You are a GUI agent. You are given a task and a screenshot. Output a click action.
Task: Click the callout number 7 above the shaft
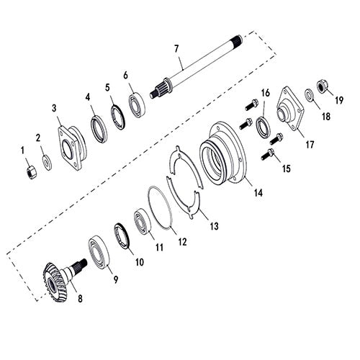(x=175, y=50)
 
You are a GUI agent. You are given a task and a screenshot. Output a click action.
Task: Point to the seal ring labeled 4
(x=99, y=129)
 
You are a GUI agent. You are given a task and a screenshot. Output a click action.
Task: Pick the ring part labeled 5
(x=117, y=117)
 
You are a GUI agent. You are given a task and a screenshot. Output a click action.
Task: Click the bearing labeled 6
(x=137, y=104)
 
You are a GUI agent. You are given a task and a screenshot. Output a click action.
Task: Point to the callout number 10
(x=138, y=261)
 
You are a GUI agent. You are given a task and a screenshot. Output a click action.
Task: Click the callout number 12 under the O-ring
(x=182, y=242)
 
